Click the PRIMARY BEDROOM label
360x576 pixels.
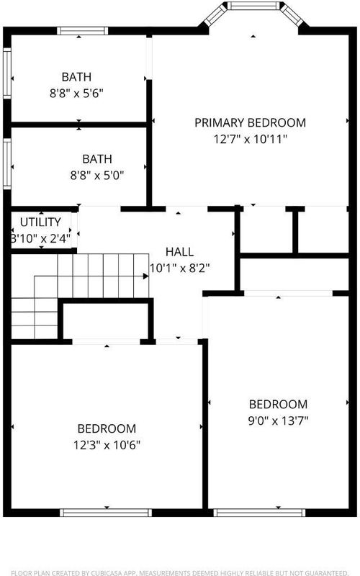tap(250, 122)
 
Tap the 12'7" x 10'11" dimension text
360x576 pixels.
tap(250, 139)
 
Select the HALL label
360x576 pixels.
tap(179, 251)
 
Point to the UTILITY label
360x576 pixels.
tap(40, 222)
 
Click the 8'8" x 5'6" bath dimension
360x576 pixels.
tap(76, 94)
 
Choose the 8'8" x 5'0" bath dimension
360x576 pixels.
tap(97, 175)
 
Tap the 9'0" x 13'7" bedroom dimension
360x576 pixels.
tap(278, 420)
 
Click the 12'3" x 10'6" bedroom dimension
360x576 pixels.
tap(107, 445)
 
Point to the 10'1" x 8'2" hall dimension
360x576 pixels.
tap(179, 268)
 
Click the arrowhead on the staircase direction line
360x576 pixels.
tap(146, 276)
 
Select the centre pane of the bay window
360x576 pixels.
tap(253, 6)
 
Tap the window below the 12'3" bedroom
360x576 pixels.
tap(106, 513)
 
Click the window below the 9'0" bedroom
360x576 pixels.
tap(259, 513)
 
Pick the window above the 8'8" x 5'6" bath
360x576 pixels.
tap(83, 31)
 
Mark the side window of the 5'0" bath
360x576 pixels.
tap(7, 164)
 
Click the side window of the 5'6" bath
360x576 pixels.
tap(7, 73)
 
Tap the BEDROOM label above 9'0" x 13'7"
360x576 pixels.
tap(278, 404)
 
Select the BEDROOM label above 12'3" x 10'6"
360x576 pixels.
tap(107, 428)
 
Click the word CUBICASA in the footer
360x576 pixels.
tap(108, 572)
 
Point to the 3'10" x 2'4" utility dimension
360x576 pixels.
tap(40, 238)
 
